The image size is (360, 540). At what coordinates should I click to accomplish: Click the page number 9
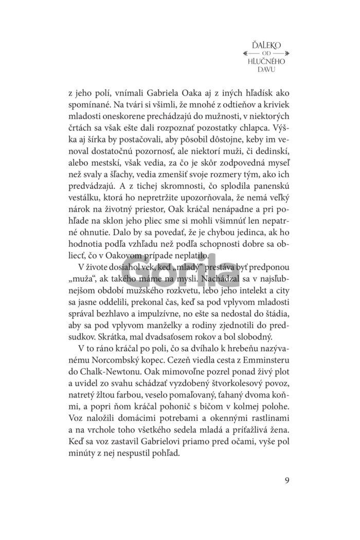[x=286, y=480]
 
